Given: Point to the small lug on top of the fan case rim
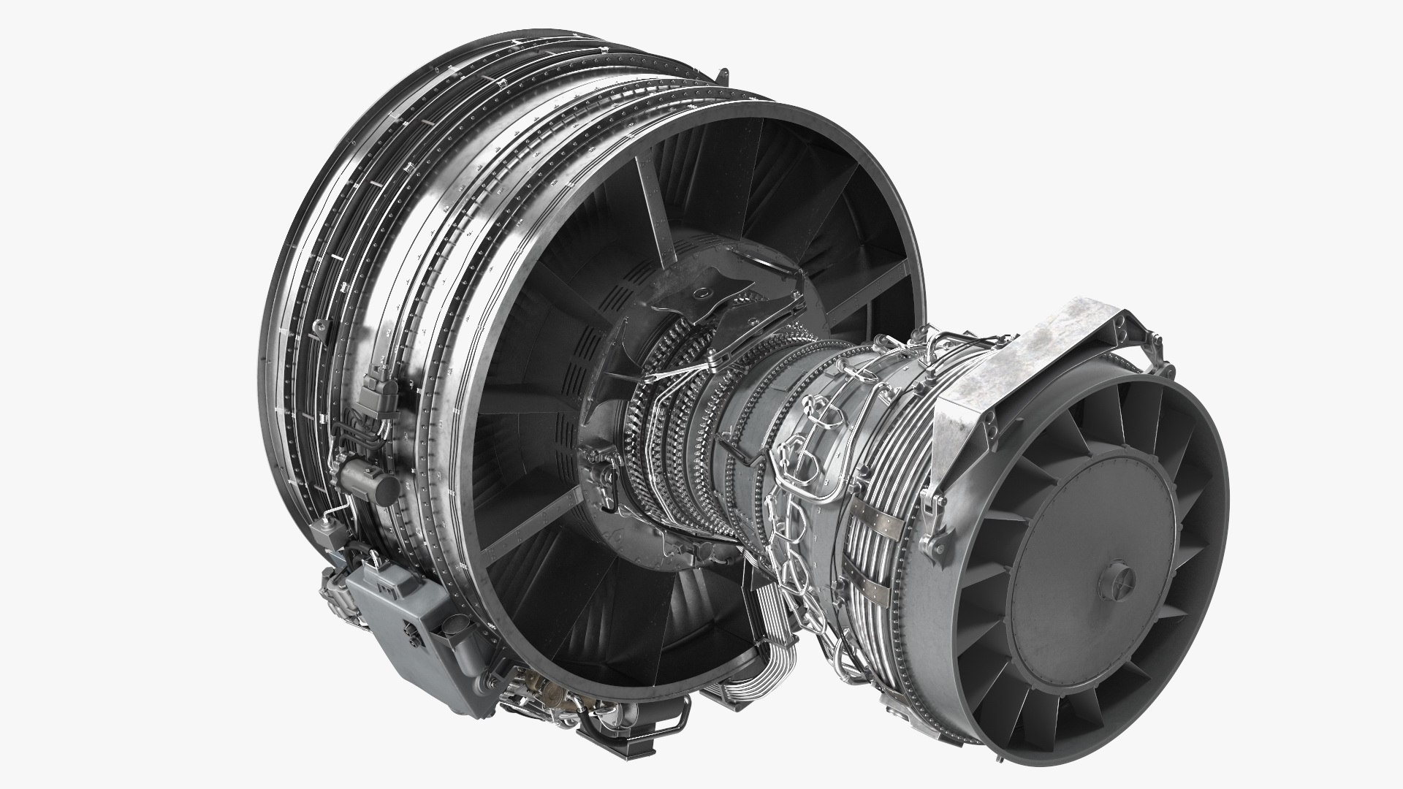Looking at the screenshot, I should (723, 75).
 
